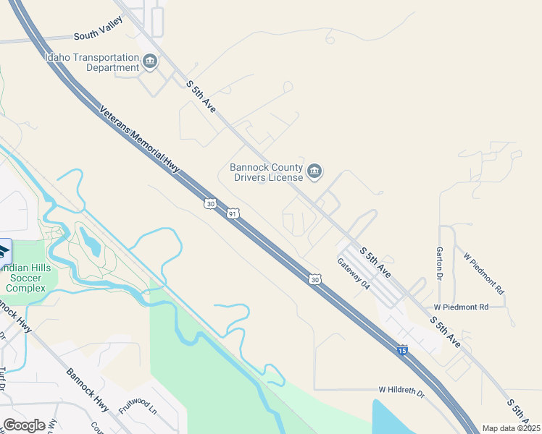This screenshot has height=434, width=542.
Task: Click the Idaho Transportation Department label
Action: (91, 62)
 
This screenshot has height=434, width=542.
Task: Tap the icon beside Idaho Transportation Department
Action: (150, 61)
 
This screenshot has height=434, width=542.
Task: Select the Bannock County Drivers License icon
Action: (314, 171)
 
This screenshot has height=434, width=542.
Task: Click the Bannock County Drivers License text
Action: (266, 171)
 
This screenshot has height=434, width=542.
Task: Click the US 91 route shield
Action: (232, 213)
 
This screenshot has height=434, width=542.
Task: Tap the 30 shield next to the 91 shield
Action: (209, 204)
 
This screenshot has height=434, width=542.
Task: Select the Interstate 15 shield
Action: (402, 350)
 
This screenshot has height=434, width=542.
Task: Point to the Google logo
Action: (24, 425)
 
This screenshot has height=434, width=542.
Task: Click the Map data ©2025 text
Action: (511, 428)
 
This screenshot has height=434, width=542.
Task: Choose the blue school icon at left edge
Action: (4, 250)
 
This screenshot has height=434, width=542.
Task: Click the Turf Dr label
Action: (3, 376)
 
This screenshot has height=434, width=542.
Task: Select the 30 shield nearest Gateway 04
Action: (314, 279)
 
